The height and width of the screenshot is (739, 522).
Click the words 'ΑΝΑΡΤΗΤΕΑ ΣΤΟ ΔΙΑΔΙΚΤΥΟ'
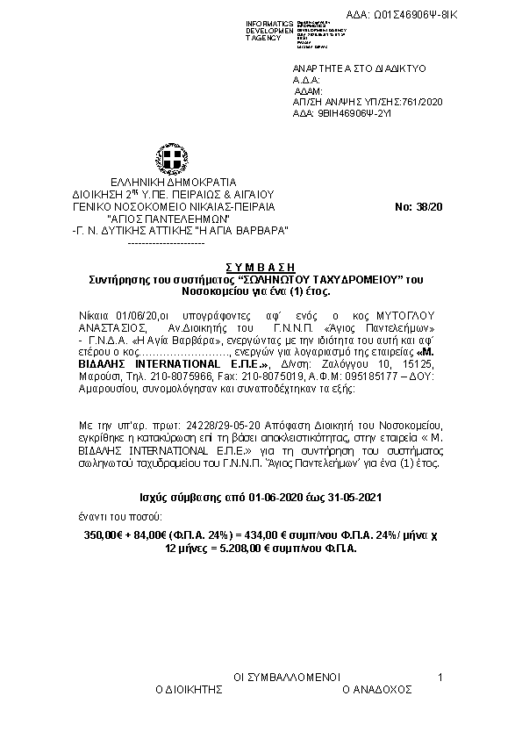pos(345,68)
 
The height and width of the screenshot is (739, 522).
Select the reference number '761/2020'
pos(423,102)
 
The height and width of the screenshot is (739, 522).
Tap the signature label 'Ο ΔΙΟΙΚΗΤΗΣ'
pos(186,691)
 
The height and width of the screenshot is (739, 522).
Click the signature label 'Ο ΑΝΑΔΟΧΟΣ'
pos(377,691)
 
